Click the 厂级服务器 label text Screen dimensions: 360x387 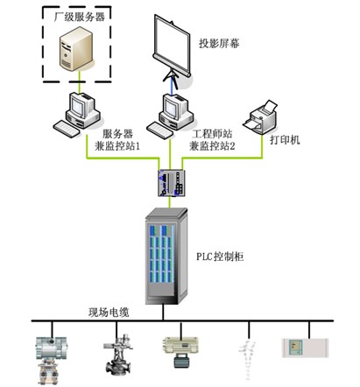79,17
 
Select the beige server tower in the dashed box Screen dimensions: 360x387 76,48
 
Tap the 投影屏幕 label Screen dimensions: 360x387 219,44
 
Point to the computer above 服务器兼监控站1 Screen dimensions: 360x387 77,115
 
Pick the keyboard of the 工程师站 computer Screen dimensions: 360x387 160,130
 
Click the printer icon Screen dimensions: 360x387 260,116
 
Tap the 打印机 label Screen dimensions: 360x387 285,140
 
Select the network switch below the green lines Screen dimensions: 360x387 172,183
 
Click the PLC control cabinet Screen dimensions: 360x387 166,256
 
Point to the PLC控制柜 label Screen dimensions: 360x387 220,257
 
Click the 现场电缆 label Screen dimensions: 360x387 109,313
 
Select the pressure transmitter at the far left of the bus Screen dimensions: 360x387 52,360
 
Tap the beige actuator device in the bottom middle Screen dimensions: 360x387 180,351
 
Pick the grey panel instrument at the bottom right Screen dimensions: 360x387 305,348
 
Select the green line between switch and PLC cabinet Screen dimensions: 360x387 169,202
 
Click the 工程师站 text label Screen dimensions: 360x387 212,134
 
